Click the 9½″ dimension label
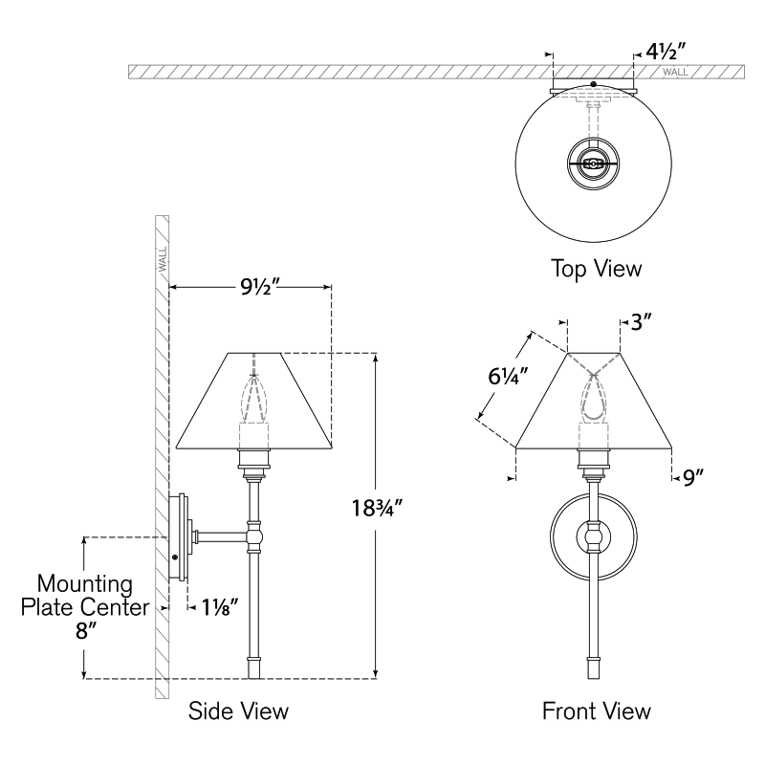(259, 287)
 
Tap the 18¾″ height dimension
(377, 509)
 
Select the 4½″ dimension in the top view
(666, 52)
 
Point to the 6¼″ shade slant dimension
(509, 376)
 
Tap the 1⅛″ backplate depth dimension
(220, 607)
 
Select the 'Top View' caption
(596, 269)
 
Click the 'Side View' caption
(238, 710)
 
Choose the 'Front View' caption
(597, 710)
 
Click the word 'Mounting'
(85, 584)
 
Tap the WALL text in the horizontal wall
(676, 73)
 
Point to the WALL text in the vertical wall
(163, 259)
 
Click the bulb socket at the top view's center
(593, 164)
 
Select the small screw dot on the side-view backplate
(175, 557)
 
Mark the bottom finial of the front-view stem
(593, 667)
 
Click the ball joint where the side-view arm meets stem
(253, 537)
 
